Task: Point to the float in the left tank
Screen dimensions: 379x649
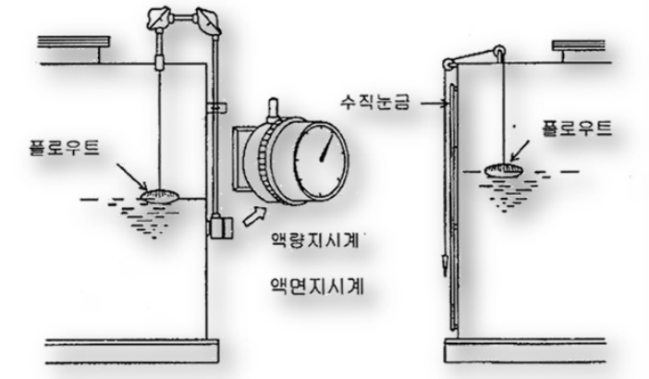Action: coord(161,195)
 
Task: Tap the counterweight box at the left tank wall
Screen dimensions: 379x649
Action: coord(219,226)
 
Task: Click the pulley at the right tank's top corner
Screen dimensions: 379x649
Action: coord(447,63)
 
